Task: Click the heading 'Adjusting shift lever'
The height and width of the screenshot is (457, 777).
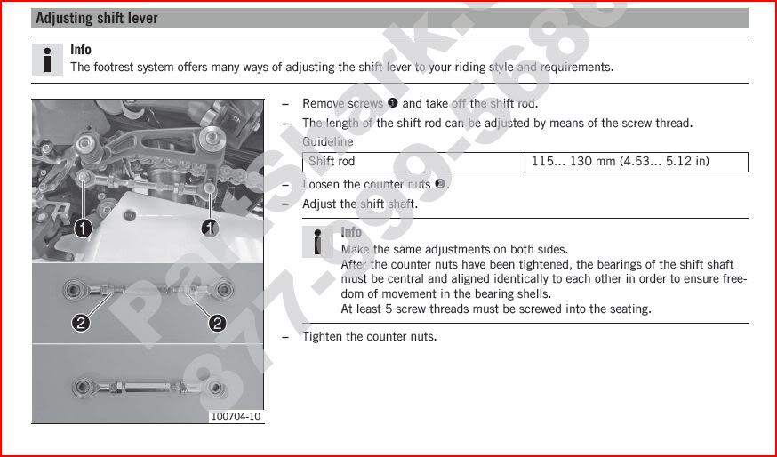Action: [97, 19]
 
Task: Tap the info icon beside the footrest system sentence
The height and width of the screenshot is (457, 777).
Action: [47, 59]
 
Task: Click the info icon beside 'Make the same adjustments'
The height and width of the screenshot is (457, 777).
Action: [317, 241]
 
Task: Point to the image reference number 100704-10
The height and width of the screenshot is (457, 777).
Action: [236, 416]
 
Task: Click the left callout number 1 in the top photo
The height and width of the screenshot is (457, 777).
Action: [82, 228]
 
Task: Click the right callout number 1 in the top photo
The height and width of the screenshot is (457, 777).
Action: [210, 228]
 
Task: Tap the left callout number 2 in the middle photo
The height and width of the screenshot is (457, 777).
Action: [81, 323]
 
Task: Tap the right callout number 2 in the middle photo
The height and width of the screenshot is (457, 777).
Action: [217, 323]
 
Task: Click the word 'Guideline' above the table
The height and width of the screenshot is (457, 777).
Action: [327, 141]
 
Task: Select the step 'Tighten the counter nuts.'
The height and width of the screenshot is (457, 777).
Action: [369, 336]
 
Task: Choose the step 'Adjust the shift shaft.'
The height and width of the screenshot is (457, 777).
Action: [359, 204]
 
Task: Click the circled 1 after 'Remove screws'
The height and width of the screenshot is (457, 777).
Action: [392, 104]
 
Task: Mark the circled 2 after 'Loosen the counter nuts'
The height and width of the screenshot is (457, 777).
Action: [439, 184]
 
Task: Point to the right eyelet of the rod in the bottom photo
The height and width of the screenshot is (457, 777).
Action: [216, 388]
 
